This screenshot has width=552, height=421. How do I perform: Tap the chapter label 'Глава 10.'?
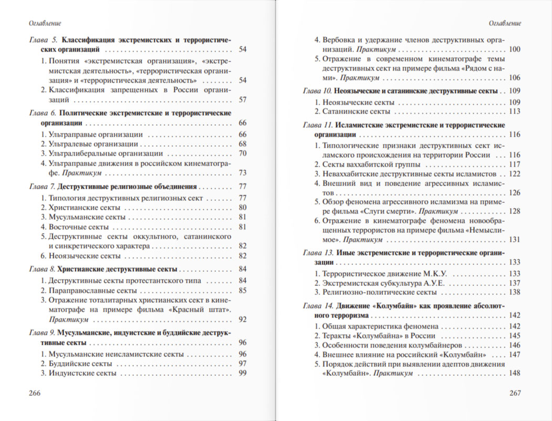[x=317, y=91]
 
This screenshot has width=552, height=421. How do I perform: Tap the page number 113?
[x=514, y=111]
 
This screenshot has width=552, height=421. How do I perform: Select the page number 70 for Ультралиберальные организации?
[x=243, y=153]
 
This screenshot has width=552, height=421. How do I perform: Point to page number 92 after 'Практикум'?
[x=243, y=319]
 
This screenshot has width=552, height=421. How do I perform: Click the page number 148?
[x=514, y=373]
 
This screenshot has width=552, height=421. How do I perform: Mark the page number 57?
[x=243, y=100]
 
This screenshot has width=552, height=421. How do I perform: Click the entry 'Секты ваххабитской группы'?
[x=365, y=165]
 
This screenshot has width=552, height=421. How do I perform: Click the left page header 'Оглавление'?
[x=46, y=24]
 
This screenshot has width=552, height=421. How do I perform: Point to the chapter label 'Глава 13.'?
[x=317, y=253]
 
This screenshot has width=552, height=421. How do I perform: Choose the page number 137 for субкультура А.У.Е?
[x=514, y=283]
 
